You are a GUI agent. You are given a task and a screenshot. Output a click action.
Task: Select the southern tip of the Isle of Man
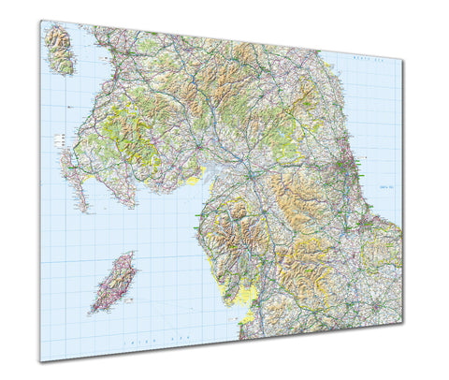(94, 310)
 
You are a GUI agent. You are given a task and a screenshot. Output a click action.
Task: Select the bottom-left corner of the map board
(40, 361)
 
